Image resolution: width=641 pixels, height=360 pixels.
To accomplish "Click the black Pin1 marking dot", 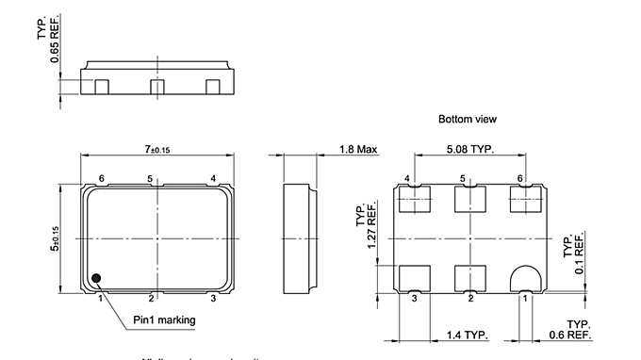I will point(97,278).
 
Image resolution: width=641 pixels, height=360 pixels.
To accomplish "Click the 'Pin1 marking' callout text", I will point(164,320).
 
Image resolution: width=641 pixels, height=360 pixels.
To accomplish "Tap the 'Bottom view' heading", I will point(467,120).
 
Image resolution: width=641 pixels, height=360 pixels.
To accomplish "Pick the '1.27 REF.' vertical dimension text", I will point(365,230).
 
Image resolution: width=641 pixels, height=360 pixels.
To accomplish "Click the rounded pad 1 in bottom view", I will point(523,278).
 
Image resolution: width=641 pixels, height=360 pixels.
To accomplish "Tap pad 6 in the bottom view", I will point(523,199).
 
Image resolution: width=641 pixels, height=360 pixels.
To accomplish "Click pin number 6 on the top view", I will point(101,178).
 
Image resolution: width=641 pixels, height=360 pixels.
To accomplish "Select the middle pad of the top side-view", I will point(156,88).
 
